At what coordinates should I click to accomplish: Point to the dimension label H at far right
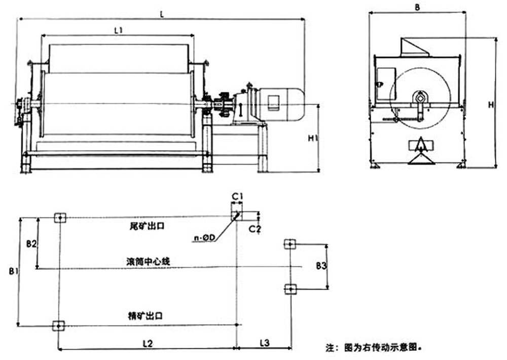click(x=490, y=105)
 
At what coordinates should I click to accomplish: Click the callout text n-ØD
click(x=205, y=237)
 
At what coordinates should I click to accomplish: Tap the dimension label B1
click(x=13, y=272)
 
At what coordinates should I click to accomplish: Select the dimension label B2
click(x=31, y=243)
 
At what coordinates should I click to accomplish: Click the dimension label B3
click(x=320, y=266)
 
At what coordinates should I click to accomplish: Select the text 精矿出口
click(x=146, y=315)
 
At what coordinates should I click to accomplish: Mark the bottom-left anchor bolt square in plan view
click(x=59, y=325)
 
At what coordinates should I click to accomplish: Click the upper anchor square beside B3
click(x=289, y=244)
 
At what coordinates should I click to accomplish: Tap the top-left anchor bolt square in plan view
click(x=60, y=218)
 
